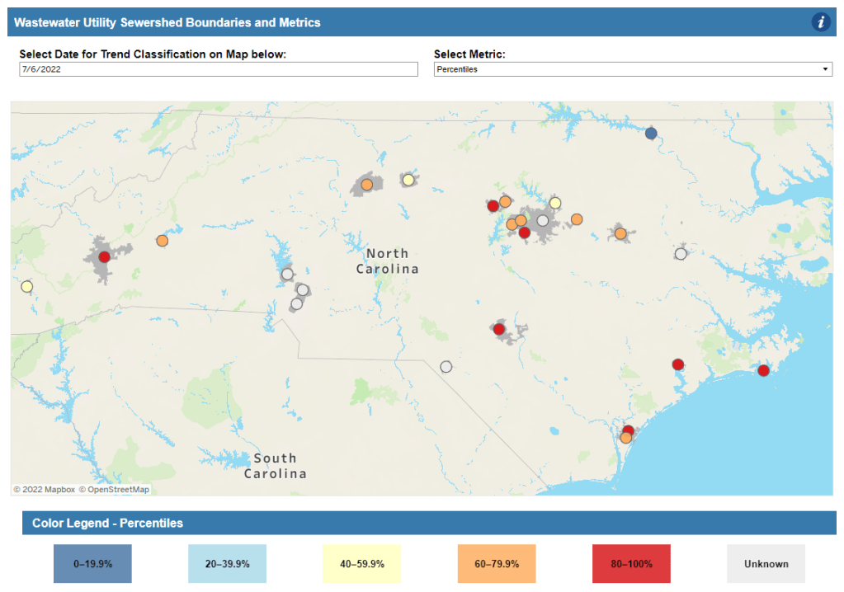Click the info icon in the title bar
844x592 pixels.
[820, 22]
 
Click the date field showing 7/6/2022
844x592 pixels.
[219, 70]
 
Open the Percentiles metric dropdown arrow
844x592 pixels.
[825, 70]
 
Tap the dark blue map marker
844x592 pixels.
[651, 133]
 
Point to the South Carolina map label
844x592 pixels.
[276, 466]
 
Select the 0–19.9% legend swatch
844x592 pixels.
[92, 564]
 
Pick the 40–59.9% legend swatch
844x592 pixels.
[361, 564]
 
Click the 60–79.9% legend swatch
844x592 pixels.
[496, 564]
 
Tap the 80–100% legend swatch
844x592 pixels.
[631, 564]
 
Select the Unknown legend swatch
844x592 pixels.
[766, 564]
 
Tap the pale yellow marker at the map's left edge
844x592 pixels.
[26, 287]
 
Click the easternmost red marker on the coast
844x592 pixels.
[763, 370]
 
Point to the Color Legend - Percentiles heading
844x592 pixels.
[107, 523]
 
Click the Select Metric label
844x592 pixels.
[469, 54]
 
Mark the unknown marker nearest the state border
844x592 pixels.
[446, 367]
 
